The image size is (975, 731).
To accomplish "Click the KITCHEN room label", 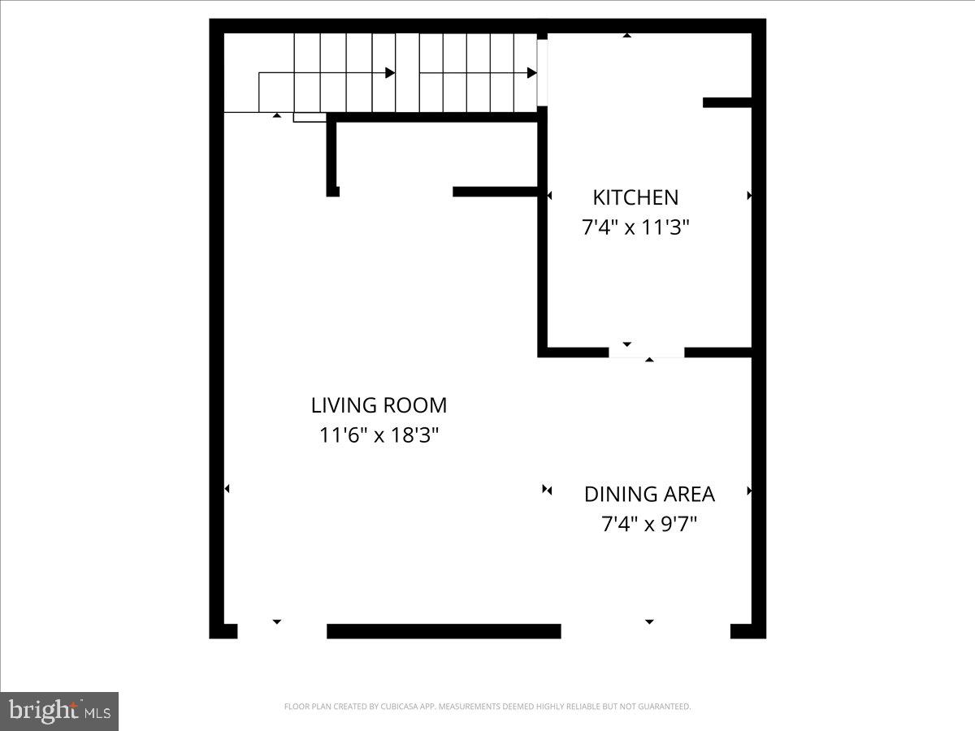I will coord(635,197).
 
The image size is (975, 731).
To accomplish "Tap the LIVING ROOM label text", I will coord(379,404).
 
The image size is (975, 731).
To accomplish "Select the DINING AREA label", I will coord(649,494).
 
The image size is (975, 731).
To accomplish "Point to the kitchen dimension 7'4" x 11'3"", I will coord(635,227).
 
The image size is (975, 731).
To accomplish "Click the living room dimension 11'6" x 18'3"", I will coord(379,435).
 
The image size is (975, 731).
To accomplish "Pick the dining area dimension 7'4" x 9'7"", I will coord(649,524).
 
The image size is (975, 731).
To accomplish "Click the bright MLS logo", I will coord(59,712).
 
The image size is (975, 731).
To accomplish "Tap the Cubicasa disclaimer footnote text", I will coord(487,707).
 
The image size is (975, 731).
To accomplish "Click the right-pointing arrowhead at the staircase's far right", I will coord(532,73).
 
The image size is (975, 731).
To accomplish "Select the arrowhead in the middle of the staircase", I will coord(390,73).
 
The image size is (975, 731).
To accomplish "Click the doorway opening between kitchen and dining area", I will coord(647,353).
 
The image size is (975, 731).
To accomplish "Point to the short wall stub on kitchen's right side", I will coord(726,102).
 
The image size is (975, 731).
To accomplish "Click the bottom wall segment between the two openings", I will coord(444,631).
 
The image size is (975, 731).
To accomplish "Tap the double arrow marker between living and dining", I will coord(547,490).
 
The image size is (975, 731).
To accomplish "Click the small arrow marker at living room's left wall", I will coord(227,488).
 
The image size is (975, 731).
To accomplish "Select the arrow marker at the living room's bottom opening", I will coord(276,621).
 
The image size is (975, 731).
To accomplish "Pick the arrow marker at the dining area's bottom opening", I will coord(649,621).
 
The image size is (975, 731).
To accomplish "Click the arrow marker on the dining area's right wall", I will coord(749,491).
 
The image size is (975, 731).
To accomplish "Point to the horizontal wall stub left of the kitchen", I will coord(495,192).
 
